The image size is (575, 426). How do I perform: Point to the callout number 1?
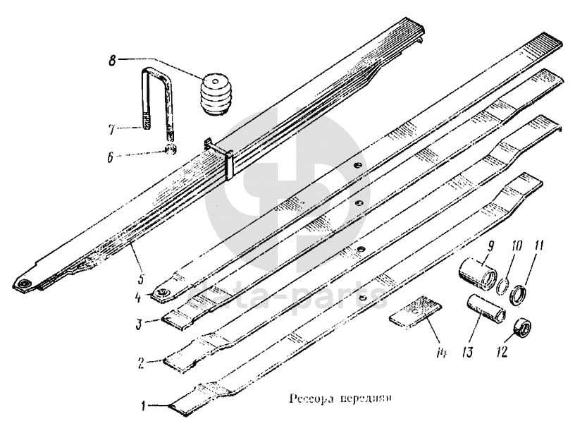(144, 406)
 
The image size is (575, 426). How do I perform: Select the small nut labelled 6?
(170, 149)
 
